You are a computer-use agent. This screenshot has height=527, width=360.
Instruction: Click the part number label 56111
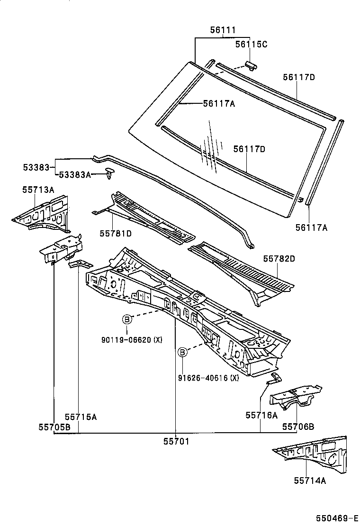pos(223,30)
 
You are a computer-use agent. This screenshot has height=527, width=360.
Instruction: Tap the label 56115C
pos(252,44)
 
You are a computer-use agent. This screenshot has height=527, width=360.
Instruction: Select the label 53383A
pos(74,175)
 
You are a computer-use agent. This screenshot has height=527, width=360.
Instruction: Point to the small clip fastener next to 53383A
pos(110,173)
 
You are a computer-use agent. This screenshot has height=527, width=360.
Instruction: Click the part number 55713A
pos(38,190)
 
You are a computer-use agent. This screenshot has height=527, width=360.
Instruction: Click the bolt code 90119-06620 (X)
pos(132,339)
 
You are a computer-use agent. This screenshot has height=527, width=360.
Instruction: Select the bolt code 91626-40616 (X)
pos(208,378)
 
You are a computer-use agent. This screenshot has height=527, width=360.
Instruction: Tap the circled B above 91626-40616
pos(182,352)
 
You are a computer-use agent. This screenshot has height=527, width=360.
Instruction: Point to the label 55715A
pos(81,417)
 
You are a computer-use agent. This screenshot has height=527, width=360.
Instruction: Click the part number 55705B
pos(54,427)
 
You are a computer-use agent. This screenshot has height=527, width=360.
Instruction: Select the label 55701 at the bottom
pos(176,441)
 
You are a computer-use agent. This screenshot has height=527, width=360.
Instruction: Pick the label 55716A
pos(261,415)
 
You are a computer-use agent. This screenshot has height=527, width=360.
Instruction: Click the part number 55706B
pos(298,427)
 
